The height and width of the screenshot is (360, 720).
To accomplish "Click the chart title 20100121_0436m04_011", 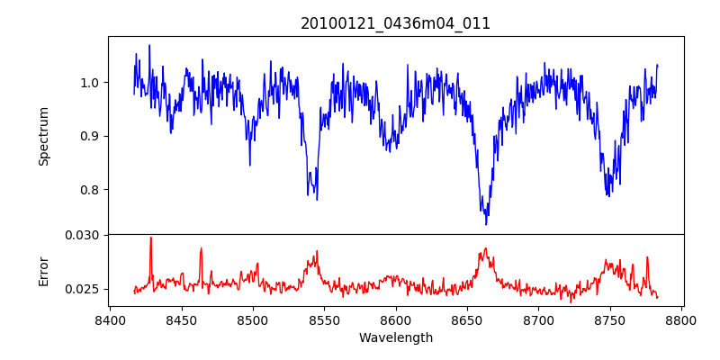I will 395,23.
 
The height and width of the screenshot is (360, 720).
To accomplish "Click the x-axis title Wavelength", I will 395,338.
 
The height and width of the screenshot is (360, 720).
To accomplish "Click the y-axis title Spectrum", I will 43,136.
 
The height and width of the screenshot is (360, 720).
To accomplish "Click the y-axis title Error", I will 43,271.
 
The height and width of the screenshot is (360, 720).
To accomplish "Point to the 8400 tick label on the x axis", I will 110,319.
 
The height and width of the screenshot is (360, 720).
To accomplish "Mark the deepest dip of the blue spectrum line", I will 486,224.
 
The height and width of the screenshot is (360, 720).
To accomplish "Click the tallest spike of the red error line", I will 151,238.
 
